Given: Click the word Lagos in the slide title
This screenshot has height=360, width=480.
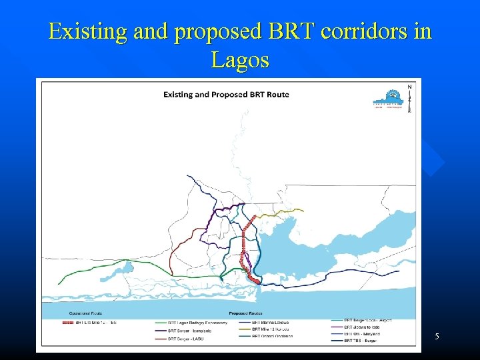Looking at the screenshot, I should click(x=240, y=60).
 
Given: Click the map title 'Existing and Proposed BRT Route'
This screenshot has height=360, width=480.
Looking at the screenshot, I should click(x=227, y=94).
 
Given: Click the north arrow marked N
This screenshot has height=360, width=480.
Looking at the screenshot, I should click(x=409, y=95).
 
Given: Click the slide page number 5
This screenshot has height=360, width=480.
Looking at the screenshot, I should click(x=437, y=337).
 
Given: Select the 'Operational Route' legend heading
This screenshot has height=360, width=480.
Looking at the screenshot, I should click(x=83, y=313).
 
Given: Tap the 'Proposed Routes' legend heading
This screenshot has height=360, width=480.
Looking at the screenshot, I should click(x=245, y=313).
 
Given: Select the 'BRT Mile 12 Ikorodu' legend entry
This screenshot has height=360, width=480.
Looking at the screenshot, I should click(x=271, y=329).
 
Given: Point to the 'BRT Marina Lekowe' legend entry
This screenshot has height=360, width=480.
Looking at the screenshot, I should click(x=270, y=323).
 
